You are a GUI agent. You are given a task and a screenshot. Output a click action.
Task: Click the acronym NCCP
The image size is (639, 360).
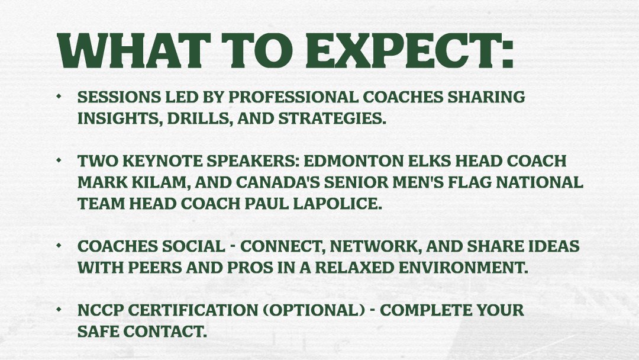pos(97,310)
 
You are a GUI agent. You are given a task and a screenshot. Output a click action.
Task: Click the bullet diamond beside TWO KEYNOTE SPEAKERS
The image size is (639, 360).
pos(59,160)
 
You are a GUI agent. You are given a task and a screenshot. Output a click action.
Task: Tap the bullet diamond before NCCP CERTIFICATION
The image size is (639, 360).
pos(59,310)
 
